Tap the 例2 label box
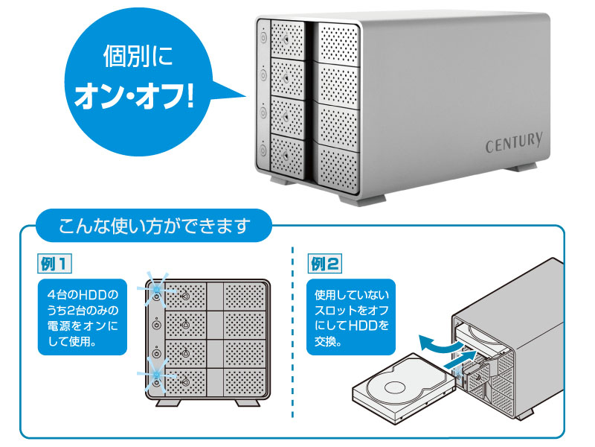[326, 263]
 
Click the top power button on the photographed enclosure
[263, 36]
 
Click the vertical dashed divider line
[293, 335]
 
